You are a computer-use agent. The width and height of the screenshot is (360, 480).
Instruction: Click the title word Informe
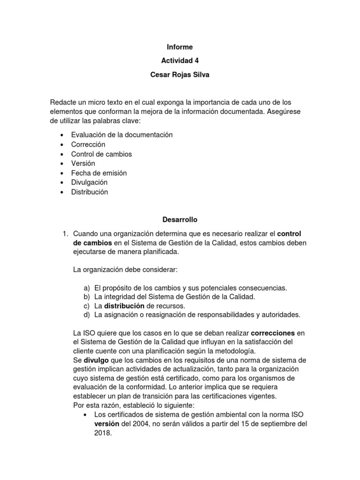180,47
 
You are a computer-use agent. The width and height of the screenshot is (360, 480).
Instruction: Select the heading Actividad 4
180,60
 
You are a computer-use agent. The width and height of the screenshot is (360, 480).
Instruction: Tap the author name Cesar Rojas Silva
180,74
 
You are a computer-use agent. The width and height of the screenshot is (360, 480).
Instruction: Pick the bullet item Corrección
88,144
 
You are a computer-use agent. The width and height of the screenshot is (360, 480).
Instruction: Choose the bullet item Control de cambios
101,154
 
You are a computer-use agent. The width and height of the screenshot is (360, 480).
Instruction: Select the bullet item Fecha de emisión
99,173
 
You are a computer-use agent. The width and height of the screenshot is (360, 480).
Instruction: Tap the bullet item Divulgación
89,182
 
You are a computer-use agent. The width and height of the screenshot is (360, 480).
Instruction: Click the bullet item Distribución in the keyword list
90,192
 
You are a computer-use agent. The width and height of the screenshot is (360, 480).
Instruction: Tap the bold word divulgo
96,360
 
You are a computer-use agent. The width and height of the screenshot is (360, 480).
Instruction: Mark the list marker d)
86,315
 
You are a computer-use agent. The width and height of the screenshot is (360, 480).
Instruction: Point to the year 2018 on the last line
103,434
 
